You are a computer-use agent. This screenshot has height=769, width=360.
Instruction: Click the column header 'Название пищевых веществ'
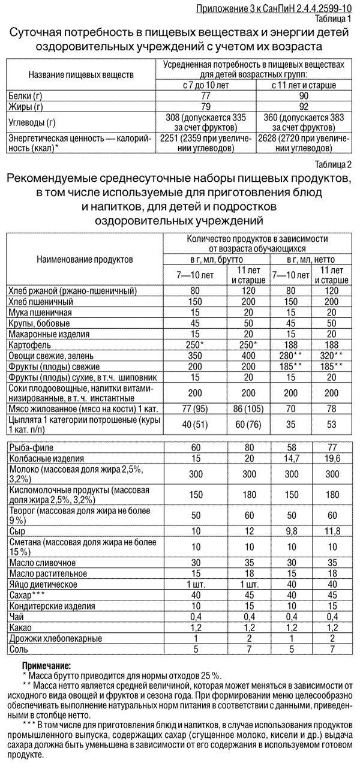[x=80, y=74]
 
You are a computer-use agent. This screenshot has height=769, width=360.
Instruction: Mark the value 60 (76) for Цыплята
[x=248, y=425]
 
